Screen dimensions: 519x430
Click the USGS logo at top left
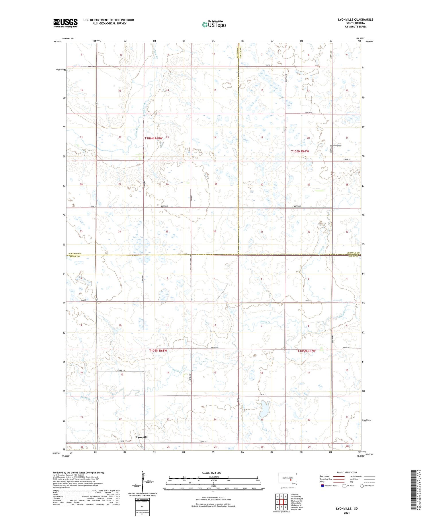(x=65, y=23)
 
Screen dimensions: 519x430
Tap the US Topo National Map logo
(x=214, y=24)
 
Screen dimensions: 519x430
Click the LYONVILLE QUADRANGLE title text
(x=355, y=19)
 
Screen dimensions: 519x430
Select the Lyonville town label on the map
(x=142, y=437)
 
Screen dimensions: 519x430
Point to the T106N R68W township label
(x=153, y=138)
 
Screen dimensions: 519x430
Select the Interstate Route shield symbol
(x=322, y=486)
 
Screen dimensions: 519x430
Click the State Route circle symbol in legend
(x=362, y=486)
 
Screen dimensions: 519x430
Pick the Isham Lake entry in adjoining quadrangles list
(x=296, y=503)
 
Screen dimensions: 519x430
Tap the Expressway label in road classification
(x=325, y=476)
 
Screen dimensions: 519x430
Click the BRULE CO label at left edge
(x=75, y=257)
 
